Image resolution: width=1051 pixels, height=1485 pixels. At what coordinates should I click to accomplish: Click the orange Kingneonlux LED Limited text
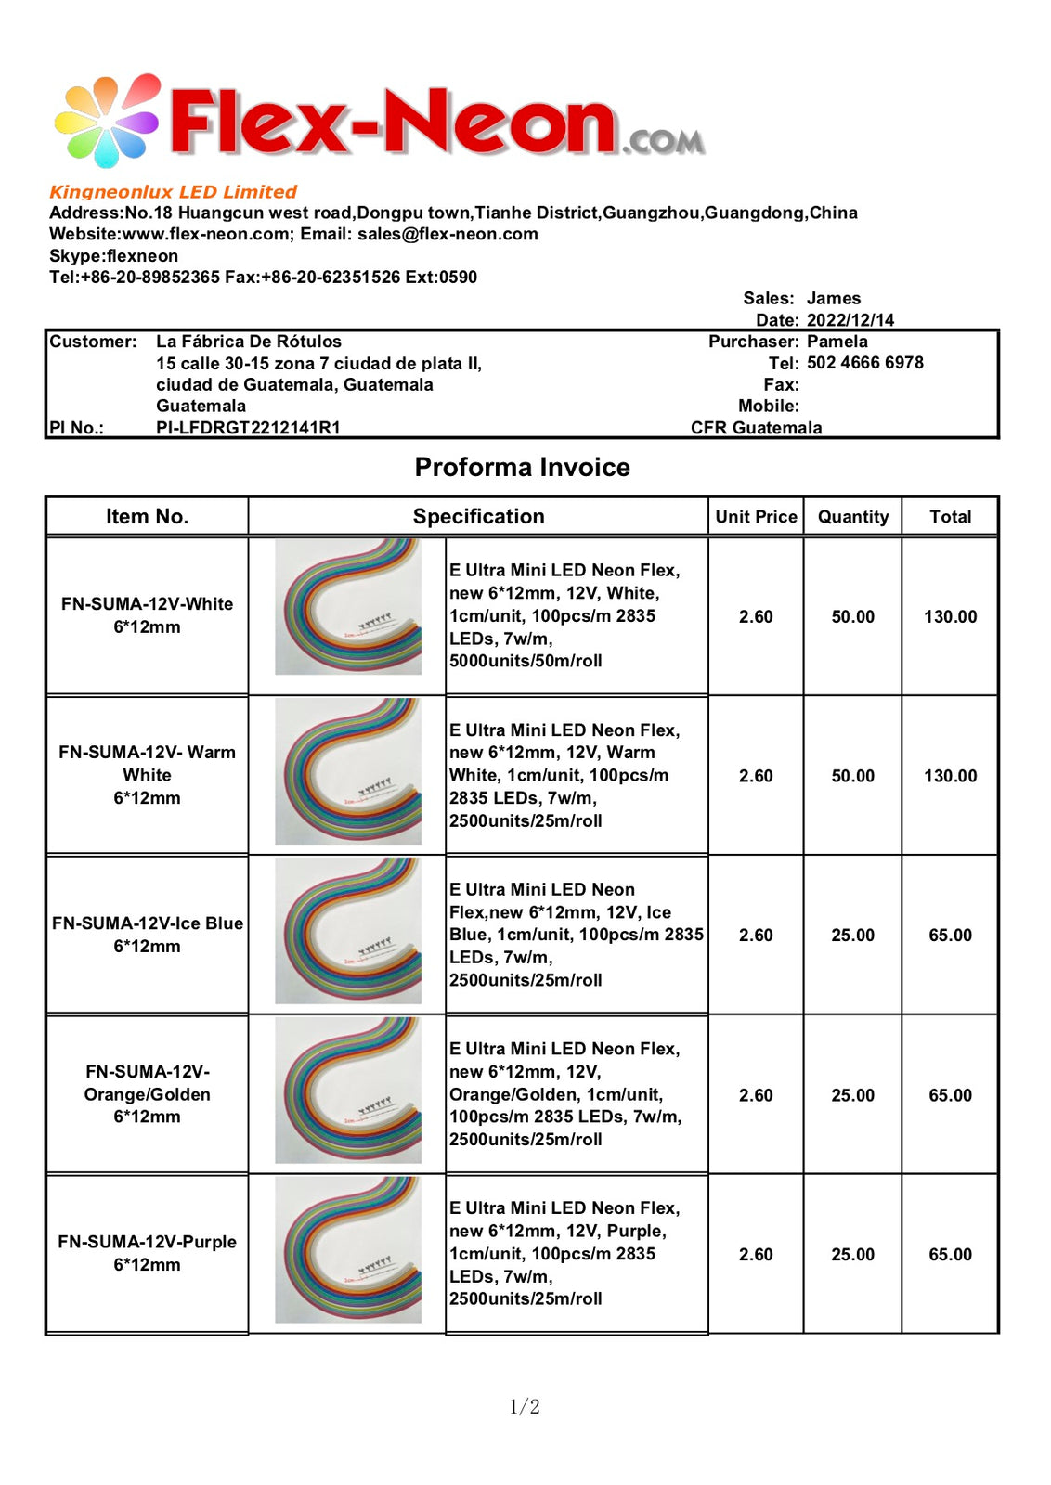[x=173, y=192]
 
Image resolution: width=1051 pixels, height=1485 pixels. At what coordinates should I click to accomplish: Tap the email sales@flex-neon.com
[x=448, y=234]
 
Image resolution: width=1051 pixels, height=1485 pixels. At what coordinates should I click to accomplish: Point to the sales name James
[x=833, y=298]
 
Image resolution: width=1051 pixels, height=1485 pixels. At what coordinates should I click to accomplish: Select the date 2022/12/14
[x=850, y=320]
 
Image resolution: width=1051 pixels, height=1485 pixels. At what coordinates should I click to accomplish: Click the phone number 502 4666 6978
[x=864, y=363]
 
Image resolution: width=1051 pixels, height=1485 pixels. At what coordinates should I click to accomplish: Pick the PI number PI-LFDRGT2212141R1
[x=248, y=428]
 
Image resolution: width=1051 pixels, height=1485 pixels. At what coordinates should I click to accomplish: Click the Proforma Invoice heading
[x=522, y=467]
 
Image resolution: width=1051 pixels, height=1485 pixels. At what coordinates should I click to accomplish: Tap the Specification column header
[x=478, y=517]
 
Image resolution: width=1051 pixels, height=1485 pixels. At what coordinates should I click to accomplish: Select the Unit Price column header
[x=756, y=517]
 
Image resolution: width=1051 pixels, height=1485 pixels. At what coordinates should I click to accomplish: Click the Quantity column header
[x=852, y=517]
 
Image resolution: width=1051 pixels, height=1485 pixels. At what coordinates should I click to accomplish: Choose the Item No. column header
[x=147, y=517]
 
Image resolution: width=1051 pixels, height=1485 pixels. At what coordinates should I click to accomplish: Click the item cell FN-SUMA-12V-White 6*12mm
[x=147, y=615]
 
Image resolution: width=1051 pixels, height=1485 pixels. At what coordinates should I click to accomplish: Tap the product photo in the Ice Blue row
[x=348, y=931]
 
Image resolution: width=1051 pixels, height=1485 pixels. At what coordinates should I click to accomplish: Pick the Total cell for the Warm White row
[x=950, y=776]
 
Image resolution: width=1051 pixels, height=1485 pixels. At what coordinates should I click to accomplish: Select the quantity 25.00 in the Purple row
[x=852, y=1255]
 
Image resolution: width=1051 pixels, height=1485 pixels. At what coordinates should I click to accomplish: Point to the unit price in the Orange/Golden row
[x=756, y=1095]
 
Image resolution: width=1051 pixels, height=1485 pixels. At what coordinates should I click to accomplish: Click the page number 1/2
[x=525, y=1407]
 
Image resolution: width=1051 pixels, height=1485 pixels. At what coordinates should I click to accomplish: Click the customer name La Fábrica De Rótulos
[x=248, y=342]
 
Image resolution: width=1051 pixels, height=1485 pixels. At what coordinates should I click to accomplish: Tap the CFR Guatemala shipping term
[x=756, y=428]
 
